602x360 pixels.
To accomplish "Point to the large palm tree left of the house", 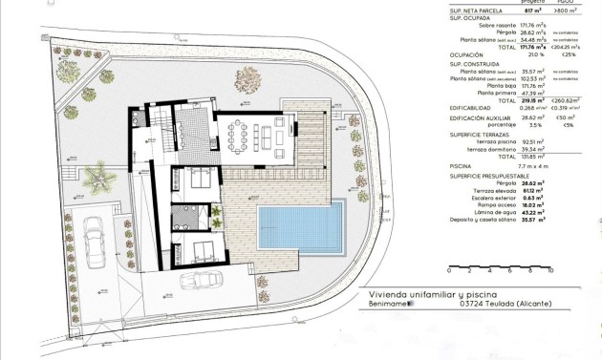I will coord(97,177).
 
